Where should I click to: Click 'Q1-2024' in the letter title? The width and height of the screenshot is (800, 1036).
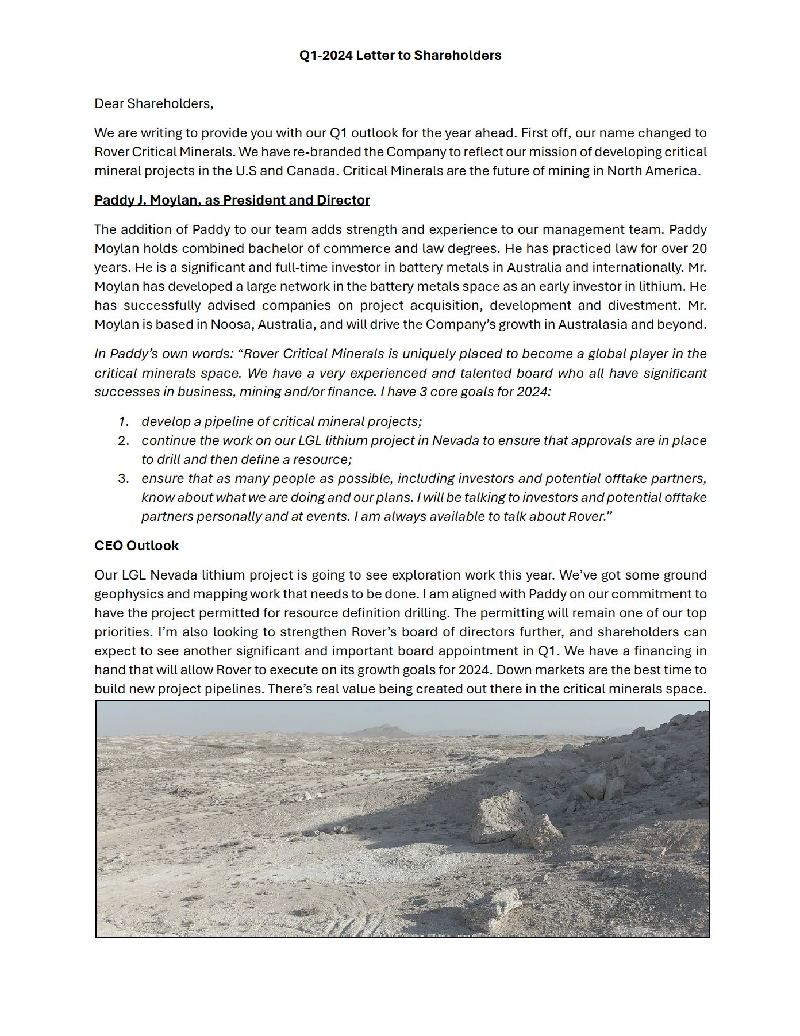pos(325,56)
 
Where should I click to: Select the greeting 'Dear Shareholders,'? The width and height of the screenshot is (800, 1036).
pos(153,104)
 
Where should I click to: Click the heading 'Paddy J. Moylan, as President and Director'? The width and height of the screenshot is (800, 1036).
pos(232,201)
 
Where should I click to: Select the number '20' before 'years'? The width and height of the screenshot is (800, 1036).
pos(699,249)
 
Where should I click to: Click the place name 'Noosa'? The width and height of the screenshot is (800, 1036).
pos(230,325)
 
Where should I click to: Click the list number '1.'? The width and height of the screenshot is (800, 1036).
pos(124,422)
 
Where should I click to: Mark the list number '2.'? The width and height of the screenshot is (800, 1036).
pos(124,441)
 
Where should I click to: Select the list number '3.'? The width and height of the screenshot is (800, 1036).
pos(124,479)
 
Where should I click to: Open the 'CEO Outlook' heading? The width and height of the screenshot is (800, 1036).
pos(136,546)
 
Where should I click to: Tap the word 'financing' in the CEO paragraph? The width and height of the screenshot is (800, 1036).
pos(679,651)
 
